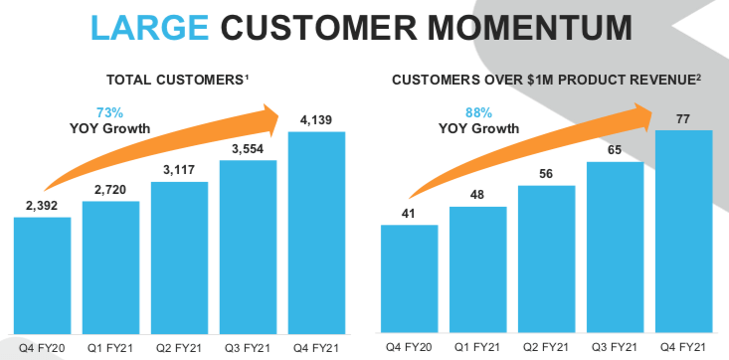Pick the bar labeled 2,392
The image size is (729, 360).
click(x=42, y=274)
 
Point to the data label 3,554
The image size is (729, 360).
click(x=248, y=149)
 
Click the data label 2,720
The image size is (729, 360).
click(x=110, y=190)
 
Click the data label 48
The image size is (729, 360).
click(x=478, y=195)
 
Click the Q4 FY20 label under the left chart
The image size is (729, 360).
click(x=42, y=347)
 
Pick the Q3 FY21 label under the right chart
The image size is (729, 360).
click(x=616, y=347)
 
